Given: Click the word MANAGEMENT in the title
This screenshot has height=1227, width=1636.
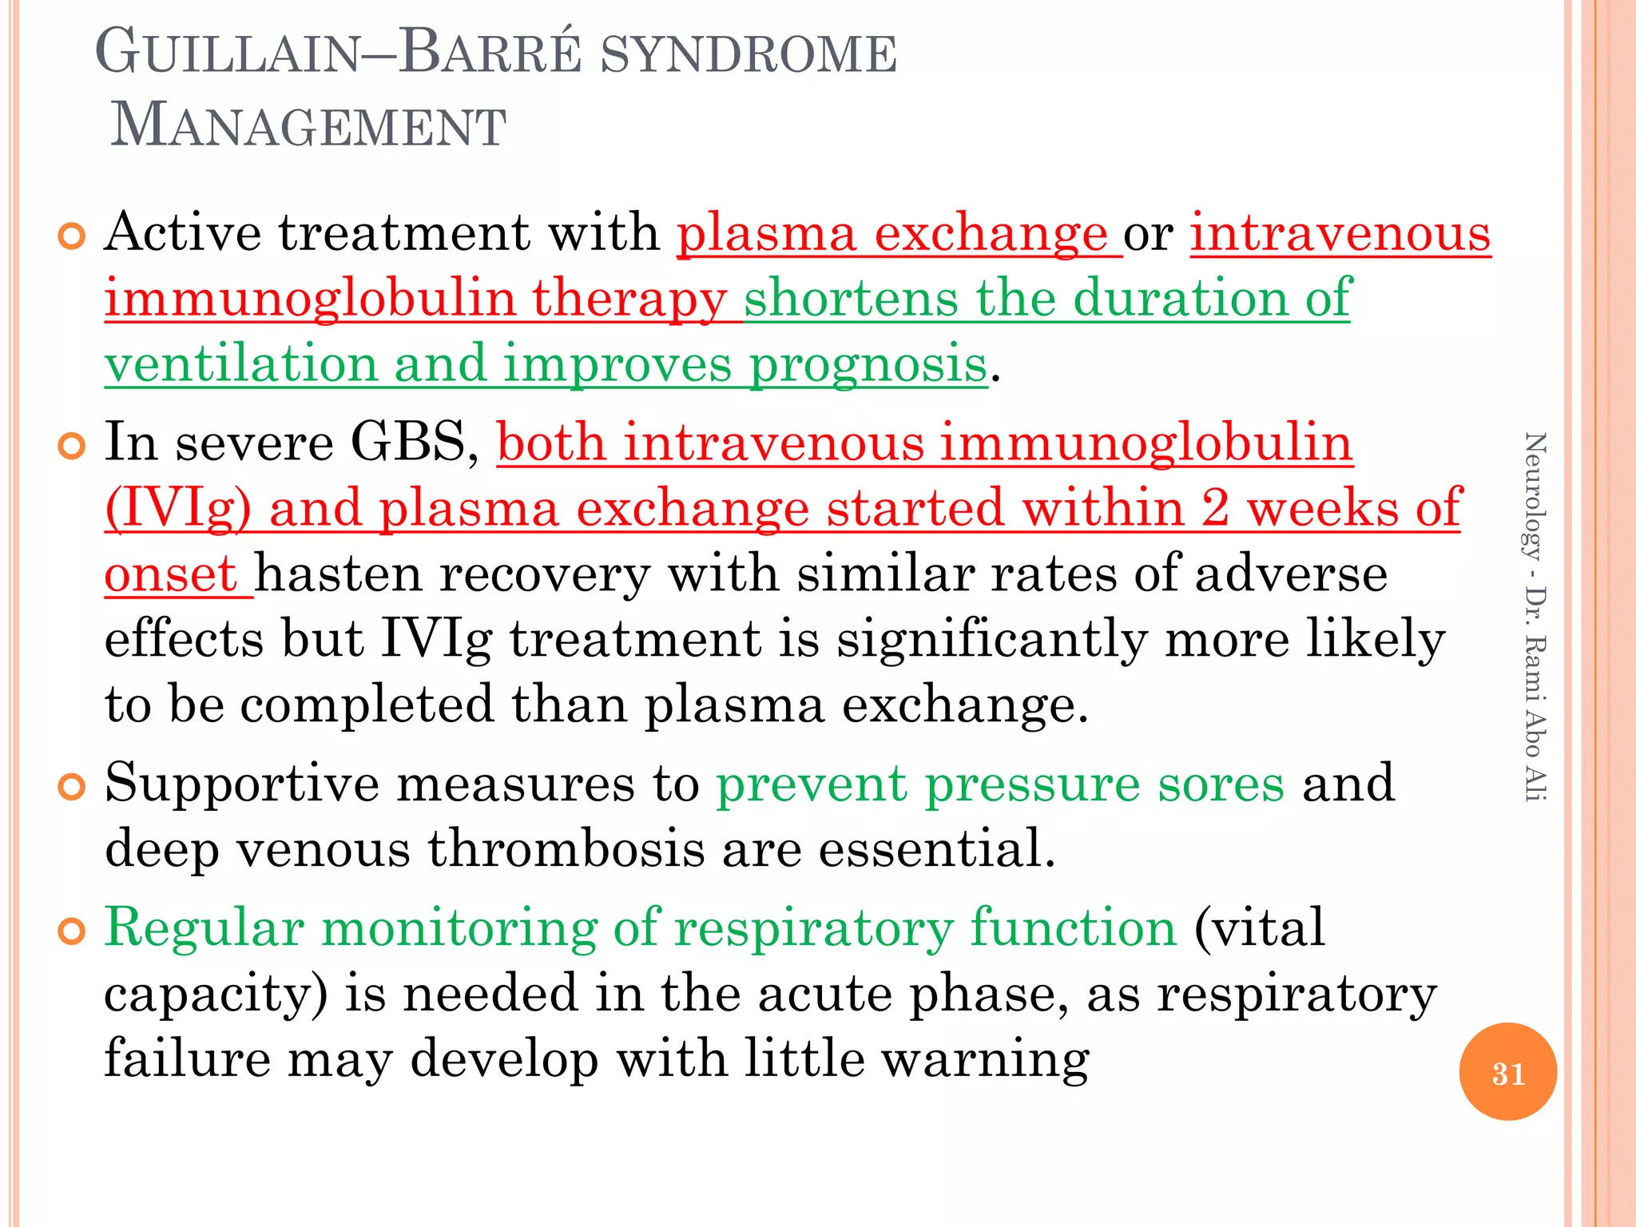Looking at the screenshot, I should point(308,126).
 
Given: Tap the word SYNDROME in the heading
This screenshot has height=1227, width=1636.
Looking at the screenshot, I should point(749,54).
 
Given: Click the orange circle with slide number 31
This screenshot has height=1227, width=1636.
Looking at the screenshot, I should point(1507,1072).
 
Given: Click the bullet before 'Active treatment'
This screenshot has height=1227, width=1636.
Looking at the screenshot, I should point(72,236).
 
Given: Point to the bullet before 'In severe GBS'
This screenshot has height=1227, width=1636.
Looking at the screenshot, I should point(72,447).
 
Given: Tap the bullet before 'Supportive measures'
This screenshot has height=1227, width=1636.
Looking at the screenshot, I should point(72,787).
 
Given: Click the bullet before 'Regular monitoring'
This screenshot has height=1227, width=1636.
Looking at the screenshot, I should point(72,931).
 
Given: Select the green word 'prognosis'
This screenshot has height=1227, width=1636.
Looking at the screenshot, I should point(868,364).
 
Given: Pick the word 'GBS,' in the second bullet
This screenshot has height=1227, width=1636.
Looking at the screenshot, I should point(415,442).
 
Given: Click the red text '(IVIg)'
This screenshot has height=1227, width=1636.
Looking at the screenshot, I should point(178,509).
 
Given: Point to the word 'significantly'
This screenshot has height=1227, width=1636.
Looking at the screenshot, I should point(991,640).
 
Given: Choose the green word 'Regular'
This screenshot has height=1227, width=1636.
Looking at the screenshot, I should point(204,928).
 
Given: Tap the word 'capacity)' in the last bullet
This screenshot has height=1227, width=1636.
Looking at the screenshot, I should point(216,995).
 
